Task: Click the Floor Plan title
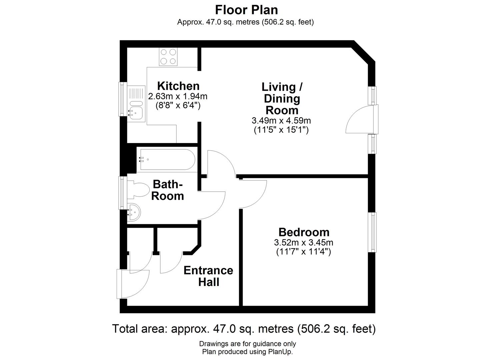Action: coord(246,10)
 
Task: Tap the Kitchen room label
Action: coord(178,86)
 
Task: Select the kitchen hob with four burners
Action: coord(168,57)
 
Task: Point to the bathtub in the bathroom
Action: coord(168,159)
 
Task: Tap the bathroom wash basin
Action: coord(134,212)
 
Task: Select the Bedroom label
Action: coord(304,232)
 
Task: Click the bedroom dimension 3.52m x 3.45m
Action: coord(304,243)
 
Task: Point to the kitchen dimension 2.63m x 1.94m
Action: coord(178,96)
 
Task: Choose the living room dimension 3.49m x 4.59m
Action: coord(281,121)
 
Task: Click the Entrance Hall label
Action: coord(208,276)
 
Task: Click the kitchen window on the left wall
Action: coord(122,99)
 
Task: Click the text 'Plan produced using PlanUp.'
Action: coord(247,352)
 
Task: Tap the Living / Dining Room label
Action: coord(282,99)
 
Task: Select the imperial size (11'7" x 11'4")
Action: coord(304,252)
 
